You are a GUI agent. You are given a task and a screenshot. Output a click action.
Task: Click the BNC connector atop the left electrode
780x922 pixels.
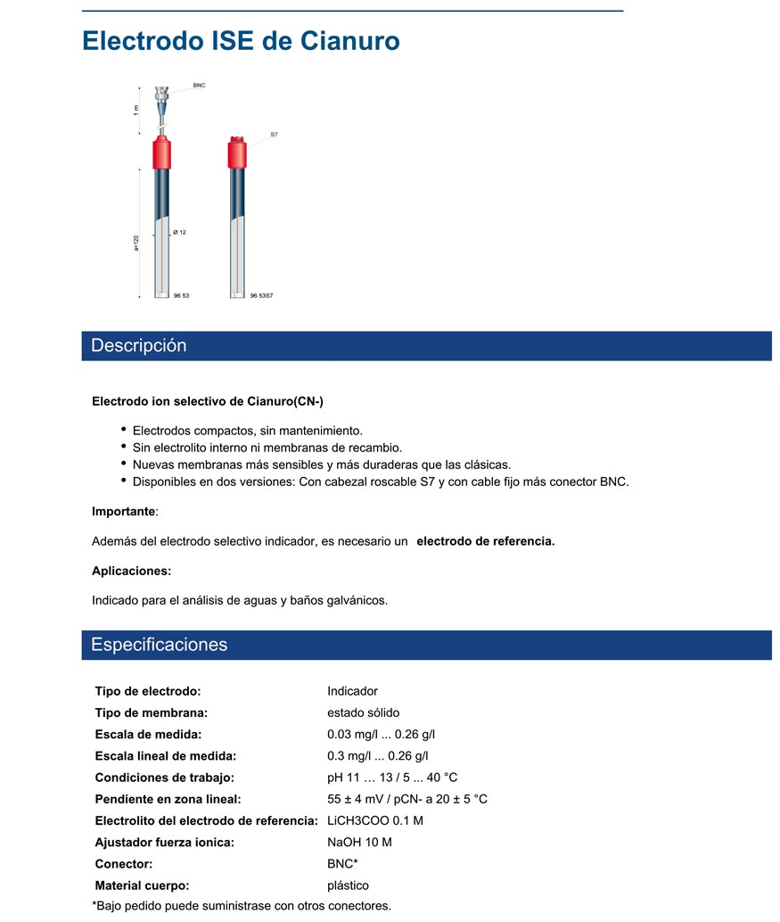point(161,94)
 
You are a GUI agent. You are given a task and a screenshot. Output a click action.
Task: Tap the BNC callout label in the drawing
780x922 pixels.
point(199,86)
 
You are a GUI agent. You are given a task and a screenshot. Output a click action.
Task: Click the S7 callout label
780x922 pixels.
point(275,135)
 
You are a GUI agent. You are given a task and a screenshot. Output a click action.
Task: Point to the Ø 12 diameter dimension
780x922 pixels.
point(179,232)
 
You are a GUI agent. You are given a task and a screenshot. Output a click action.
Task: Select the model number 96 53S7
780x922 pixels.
point(261,295)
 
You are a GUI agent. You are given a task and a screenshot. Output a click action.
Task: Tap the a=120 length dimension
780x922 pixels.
point(136,243)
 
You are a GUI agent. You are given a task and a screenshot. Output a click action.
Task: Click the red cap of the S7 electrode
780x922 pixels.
point(237,152)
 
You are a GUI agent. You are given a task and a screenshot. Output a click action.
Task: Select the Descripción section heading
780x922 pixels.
point(139,346)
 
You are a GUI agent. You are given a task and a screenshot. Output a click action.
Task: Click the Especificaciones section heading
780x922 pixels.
point(160,645)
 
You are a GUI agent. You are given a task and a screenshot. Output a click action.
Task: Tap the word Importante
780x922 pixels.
point(124,512)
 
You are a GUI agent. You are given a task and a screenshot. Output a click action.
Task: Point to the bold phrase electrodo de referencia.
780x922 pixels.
point(486,541)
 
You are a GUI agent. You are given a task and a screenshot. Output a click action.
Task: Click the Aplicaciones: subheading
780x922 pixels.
point(132,571)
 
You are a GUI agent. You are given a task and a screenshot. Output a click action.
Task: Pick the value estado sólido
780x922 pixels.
point(364,712)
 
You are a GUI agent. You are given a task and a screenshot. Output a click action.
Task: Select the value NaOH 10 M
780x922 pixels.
point(360,842)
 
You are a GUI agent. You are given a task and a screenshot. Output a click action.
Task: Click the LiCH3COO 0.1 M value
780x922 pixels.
point(375,820)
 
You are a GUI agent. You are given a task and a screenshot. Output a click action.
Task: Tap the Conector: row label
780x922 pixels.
point(124,864)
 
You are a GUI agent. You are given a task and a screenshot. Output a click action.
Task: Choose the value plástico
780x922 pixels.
point(349,885)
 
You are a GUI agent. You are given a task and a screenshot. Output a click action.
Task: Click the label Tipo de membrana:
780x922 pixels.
point(152,712)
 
